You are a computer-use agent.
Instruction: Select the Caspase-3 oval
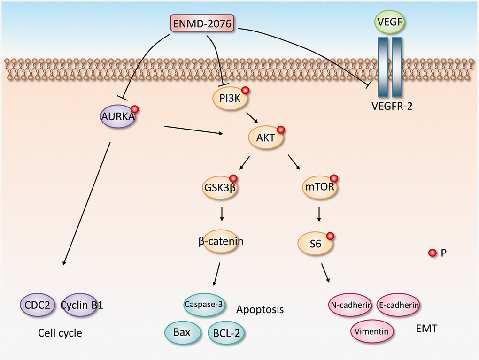point(203,304)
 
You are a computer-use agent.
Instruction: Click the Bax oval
point(181,332)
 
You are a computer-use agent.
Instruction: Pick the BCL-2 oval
point(227,333)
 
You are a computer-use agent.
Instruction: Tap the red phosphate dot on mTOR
point(334,178)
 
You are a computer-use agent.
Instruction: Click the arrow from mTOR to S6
point(319,214)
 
